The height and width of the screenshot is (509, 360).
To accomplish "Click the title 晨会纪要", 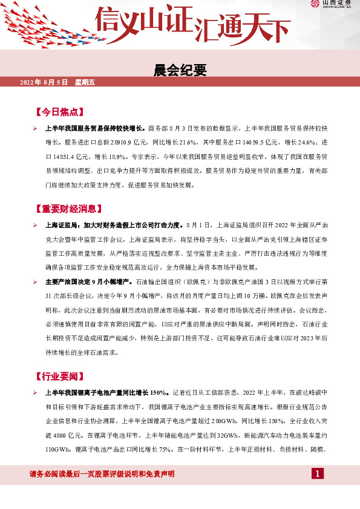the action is tap(180, 71).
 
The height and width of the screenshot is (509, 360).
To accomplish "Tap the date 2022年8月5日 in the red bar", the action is tap(44, 82).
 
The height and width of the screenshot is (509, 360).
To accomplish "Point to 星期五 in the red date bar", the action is tap(85, 82).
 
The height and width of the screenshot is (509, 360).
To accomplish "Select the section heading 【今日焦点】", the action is tap(58, 112).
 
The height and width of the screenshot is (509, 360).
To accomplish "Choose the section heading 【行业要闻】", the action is tap(58, 377).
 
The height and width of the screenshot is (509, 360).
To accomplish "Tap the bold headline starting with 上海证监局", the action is tap(116, 225).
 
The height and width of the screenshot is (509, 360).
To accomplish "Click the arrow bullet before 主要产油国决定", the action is tap(36, 282).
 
